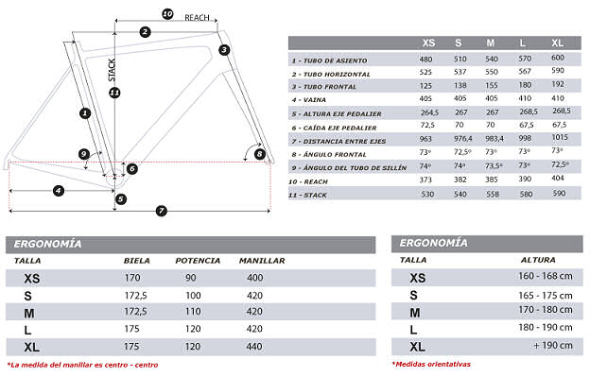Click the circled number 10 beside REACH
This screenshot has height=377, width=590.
click(166, 14)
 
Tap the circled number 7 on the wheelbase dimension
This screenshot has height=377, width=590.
click(161, 210)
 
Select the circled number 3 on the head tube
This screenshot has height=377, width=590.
click(224, 49)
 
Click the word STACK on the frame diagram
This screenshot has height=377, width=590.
click(112, 70)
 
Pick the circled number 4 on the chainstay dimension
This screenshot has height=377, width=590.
click(59, 191)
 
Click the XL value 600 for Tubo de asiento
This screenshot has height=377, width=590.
click(558, 59)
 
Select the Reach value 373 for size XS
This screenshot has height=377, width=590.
click(428, 179)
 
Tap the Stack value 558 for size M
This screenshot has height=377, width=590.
click(491, 193)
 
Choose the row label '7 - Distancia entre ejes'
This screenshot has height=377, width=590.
click(338, 140)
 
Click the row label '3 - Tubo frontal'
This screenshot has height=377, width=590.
click(324, 86)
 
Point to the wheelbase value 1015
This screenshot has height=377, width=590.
click(558, 139)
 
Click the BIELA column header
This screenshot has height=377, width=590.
click(137, 260)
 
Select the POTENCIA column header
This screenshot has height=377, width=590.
click(198, 260)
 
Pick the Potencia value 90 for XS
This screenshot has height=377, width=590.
click(190, 277)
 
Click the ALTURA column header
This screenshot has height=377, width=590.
click(538, 259)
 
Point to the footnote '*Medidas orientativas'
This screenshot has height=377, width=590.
click(430, 364)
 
